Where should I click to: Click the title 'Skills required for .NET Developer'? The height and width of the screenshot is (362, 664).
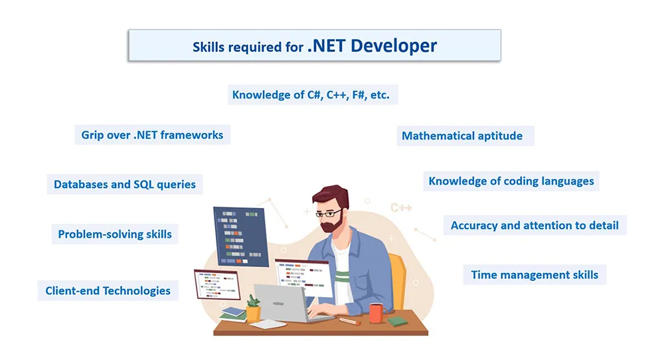315,46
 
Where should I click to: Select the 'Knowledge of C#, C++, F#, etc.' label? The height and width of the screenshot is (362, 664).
311,95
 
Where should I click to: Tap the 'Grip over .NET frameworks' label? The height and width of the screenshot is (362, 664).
152,135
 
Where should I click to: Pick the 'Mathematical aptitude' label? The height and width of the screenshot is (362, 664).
462,136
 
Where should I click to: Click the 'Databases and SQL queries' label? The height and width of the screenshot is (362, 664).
125,185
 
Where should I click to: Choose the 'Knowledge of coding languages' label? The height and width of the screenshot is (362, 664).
511,181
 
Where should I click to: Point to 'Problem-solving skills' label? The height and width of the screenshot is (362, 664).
115,234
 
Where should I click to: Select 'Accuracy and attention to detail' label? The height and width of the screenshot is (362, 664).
535,225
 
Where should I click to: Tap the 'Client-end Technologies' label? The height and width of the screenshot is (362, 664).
108,291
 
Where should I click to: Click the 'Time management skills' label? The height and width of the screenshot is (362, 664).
535,275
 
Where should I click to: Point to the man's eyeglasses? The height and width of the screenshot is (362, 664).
329,213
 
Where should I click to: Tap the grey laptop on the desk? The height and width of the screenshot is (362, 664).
288,304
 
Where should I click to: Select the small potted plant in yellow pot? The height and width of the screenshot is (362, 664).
253,308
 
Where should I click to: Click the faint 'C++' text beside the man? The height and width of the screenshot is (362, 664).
401,208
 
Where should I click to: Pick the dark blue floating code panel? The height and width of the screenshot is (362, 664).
241,236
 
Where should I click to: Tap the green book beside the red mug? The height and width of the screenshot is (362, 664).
398,321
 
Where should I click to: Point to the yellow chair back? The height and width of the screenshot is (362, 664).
398,280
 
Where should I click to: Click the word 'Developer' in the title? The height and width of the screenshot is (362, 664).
394,46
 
